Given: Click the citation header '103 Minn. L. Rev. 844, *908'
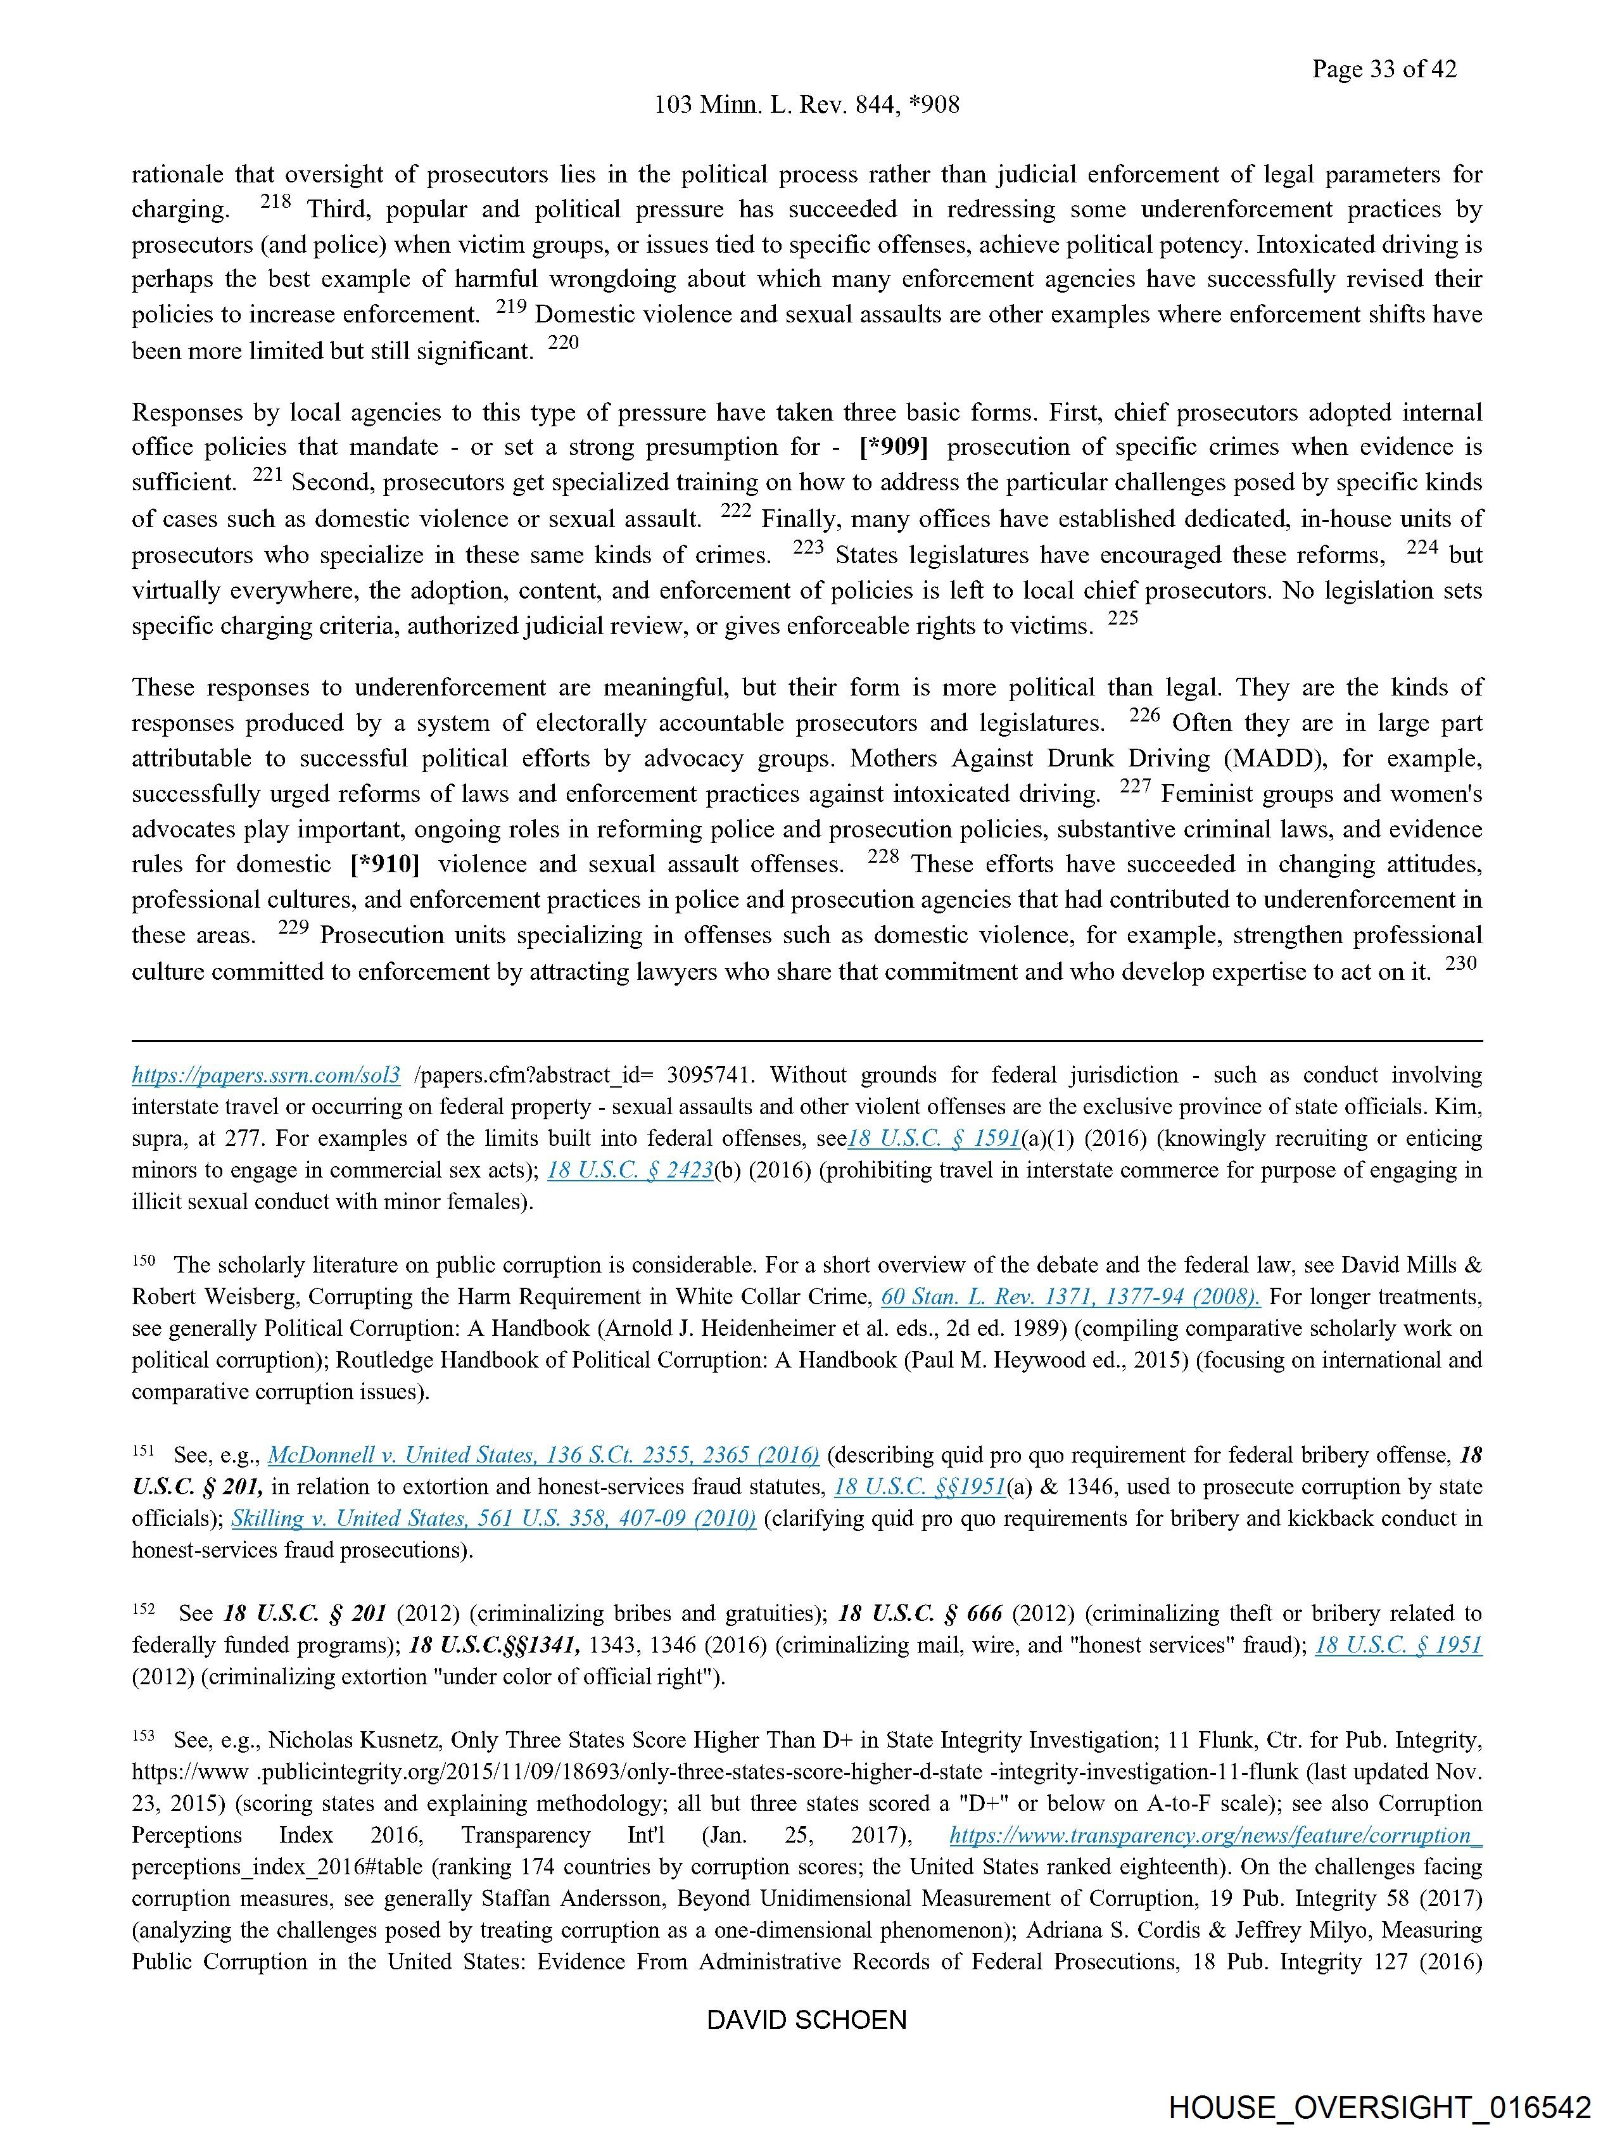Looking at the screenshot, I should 806,105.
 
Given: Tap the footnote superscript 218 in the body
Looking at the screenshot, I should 275,203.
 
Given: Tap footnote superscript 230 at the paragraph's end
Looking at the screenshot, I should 1462,963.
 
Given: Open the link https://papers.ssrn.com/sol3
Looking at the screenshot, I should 266,1076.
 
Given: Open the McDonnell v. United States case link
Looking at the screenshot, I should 543,1455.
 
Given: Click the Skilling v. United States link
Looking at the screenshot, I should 493,1518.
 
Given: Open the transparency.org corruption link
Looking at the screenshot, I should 1215,1835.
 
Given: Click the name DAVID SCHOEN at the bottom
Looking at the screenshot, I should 806,2020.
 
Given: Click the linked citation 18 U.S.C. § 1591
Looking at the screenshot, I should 934,1138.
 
